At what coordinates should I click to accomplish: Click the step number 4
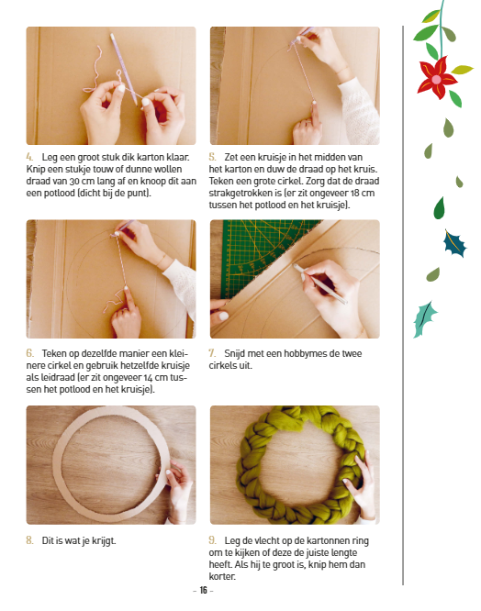click(x=29, y=157)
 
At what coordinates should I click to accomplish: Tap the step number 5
click(x=212, y=157)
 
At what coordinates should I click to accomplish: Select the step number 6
click(x=30, y=353)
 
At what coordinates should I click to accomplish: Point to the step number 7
click(x=212, y=353)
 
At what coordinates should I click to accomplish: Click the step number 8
click(x=30, y=540)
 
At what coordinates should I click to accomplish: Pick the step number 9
click(x=212, y=540)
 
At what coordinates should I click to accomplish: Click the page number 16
click(x=203, y=590)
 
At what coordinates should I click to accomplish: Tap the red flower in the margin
click(x=437, y=78)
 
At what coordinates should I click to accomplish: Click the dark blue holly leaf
click(x=454, y=243)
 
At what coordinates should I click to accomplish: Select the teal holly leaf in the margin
click(x=424, y=318)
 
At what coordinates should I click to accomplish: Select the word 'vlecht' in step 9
click(x=266, y=540)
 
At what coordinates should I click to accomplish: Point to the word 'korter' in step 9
click(x=222, y=576)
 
